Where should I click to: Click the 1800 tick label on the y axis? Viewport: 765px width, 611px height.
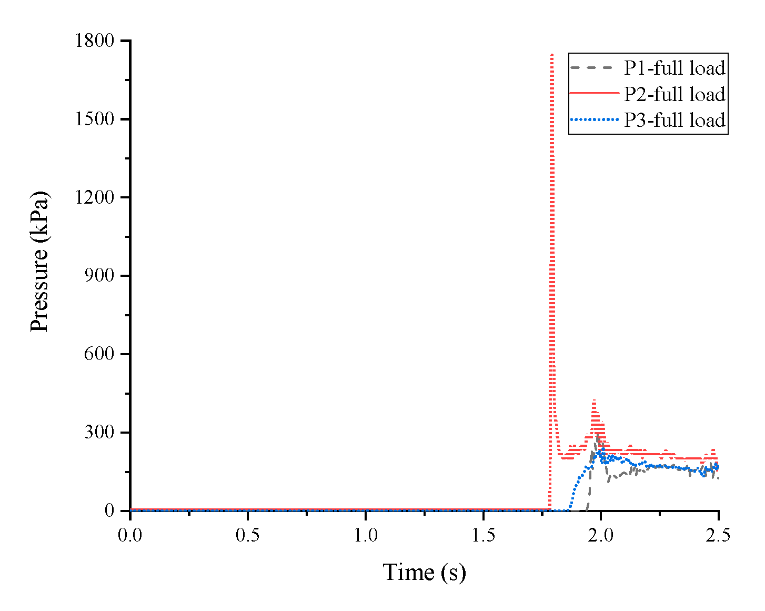(x=95, y=41)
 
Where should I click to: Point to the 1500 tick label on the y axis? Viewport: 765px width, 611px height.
(x=95, y=119)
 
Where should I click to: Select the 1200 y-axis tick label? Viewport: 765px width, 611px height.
(x=95, y=198)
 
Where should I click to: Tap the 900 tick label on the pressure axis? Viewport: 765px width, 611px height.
(x=99, y=276)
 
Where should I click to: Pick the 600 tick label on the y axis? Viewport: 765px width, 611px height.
(x=99, y=354)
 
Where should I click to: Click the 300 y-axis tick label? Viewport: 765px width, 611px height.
(x=99, y=433)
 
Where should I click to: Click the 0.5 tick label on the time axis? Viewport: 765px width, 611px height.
(x=247, y=535)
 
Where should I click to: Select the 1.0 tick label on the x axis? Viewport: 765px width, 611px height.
(x=365, y=535)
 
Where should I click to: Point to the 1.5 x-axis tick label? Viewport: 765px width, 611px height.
(x=483, y=535)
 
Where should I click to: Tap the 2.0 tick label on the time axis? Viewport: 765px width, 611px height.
(x=601, y=535)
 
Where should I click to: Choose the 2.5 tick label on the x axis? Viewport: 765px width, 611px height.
(x=718, y=535)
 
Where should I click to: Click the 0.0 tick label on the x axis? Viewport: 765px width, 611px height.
(x=130, y=535)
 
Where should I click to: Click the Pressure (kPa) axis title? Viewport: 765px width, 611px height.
(x=39, y=262)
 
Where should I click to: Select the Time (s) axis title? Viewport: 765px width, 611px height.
(x=424, y=573)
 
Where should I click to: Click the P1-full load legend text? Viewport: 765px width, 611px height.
(x=675, y=68)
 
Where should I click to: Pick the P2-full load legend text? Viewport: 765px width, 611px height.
(x=675, y=94)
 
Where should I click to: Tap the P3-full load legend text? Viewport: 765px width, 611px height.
(x=675, y=120)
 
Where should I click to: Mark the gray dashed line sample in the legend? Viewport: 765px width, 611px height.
(x=593, y=67)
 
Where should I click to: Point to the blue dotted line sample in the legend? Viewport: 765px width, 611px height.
(x=593, y=119)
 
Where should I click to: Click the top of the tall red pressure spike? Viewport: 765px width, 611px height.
(x=551, y=55)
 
